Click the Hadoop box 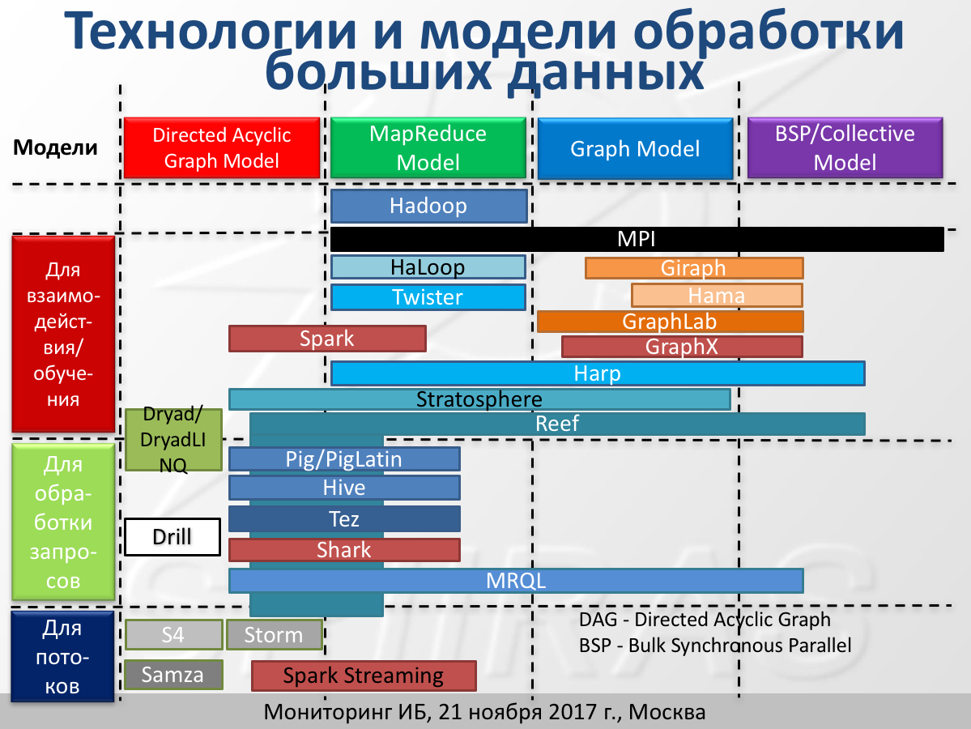point(428,206)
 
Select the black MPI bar point(637,239)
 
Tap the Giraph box point(693,268)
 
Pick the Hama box point(717,296)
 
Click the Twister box point(428,297)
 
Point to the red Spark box point(327,339)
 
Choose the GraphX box point(682,347)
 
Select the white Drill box point(172,537)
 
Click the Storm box point(274,635)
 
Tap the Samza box point(172,675)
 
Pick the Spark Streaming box point(364,676)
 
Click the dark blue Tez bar point(344,519)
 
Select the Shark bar point(344,550)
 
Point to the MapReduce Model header point(428,148)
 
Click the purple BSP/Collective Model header point(845,148)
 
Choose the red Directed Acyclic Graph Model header point(222,148)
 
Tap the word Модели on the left point(55,147)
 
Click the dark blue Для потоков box point(62,657)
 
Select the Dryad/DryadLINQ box point(173,440)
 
